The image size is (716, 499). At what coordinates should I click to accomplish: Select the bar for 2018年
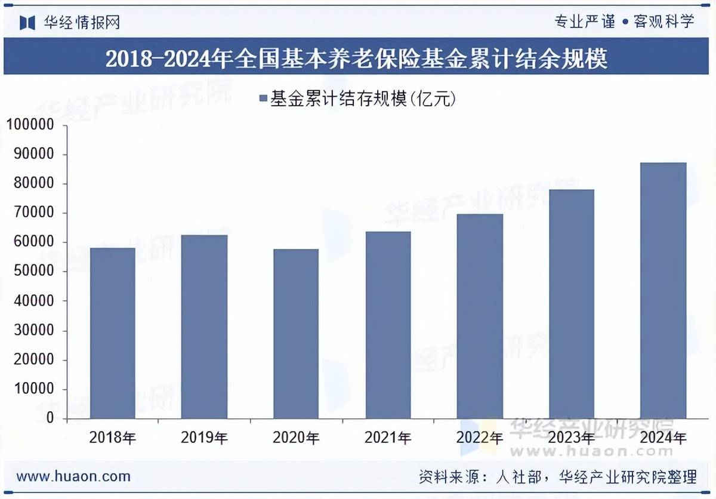click(112, 333)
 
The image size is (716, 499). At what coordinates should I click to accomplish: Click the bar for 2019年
click(204, 326)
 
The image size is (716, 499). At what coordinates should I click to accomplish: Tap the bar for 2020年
click(296, 334)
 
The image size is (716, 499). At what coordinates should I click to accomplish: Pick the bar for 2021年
click(388, 325)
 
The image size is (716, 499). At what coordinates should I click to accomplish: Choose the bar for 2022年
click(480, 316)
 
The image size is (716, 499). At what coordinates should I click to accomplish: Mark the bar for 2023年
click(572, 304)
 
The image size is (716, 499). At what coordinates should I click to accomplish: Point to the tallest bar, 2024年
click(663, 291)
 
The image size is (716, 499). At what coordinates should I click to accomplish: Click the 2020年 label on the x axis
click(296, 438)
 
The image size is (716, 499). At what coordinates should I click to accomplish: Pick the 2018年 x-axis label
click(112, 438)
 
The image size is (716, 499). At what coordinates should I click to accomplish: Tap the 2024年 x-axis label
click(663, 438)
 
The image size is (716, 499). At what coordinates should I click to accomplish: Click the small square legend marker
click(263, 98)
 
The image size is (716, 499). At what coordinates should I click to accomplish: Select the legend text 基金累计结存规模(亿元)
click(363, 98)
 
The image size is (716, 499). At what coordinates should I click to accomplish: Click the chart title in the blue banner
click(357, 58)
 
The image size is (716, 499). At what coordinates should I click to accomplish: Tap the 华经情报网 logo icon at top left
click(27, 22)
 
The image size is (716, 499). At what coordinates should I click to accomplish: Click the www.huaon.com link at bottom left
click(73, 476)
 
